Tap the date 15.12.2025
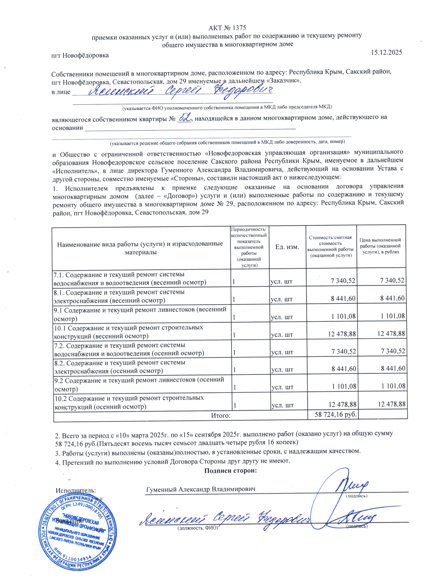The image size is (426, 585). coord(386,52)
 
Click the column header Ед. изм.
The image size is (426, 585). coord(287,247)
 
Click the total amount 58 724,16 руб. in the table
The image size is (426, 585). coord(335,415)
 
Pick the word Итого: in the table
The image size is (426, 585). coord(221,416)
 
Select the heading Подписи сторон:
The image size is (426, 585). coord(231,471)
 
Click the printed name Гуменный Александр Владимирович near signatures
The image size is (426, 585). coord(201,489)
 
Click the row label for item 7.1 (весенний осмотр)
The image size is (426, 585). coord(130,278)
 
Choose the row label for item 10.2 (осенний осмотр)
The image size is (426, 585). coord(129,402)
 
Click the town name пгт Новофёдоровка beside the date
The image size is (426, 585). coord(80,55)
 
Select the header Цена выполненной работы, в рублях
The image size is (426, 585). coord(380,246)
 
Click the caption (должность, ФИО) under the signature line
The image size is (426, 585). coord(197,528)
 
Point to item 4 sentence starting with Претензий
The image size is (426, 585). coord(172,461)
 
